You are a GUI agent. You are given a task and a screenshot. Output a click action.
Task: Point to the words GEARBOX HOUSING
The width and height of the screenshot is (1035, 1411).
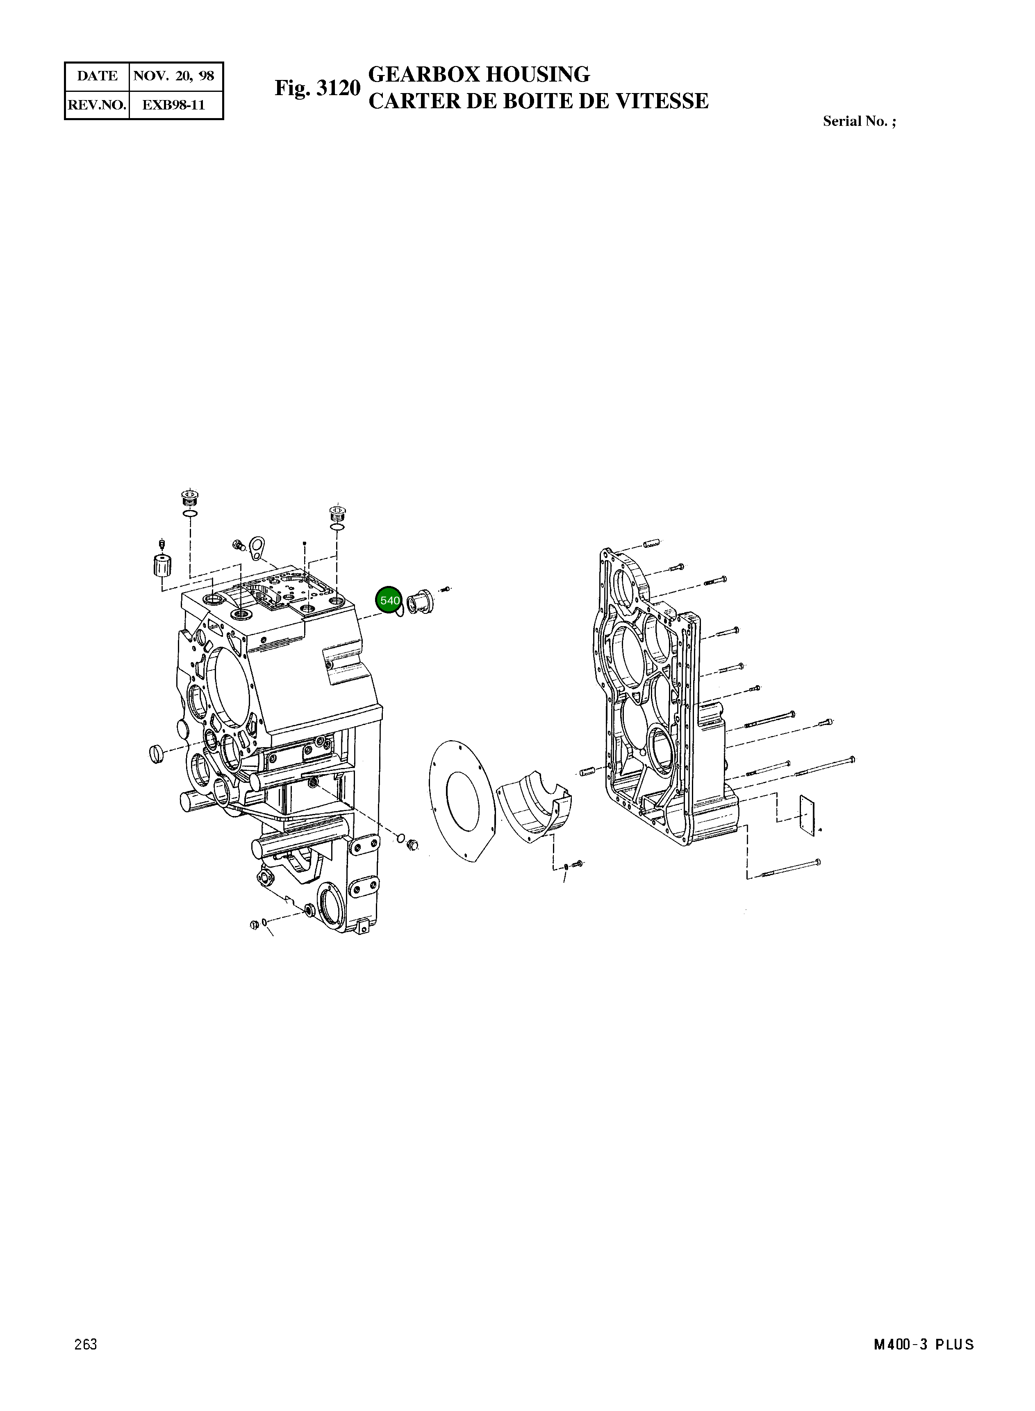pyautogui.click(x=479, y=75)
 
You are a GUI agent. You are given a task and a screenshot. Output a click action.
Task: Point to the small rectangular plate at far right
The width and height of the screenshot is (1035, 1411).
pyautogui.click(x=810, y=815)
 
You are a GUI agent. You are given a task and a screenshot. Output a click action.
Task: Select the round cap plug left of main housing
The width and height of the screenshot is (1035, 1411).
pyautogui.click(x=159, y=753)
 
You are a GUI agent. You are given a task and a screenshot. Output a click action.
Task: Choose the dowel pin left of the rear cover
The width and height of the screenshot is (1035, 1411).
pyautogui.click(x=587, y=771)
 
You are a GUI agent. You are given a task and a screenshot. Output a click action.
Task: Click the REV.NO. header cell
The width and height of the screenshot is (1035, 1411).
pyautogui.click(x=97, y=105)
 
